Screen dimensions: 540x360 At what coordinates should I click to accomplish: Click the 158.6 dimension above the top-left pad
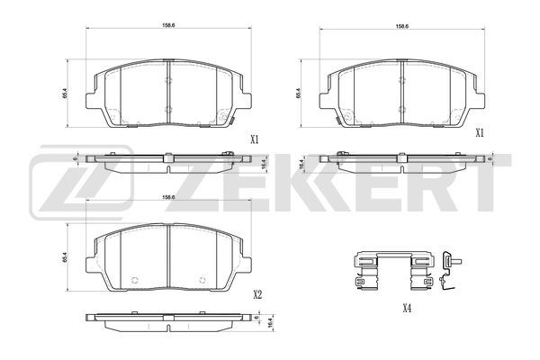click(166, 25)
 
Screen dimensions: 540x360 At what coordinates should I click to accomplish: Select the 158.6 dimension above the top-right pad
click(401, 26)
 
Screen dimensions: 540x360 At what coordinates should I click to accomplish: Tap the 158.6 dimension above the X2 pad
click(166, 197)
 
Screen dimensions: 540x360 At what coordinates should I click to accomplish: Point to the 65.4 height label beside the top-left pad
click(65, 94)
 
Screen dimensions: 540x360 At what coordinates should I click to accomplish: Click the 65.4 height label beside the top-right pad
click(298, 94)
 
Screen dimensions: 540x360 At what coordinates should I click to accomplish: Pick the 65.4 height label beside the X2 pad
click(65, 257)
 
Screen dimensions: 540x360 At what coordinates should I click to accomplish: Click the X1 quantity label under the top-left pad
click(254, 139)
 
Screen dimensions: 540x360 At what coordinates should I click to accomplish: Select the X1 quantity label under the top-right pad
click(480, 133)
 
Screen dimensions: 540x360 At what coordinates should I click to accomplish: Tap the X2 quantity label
click(257, 295)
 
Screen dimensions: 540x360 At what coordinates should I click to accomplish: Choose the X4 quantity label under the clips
click(407, 309)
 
